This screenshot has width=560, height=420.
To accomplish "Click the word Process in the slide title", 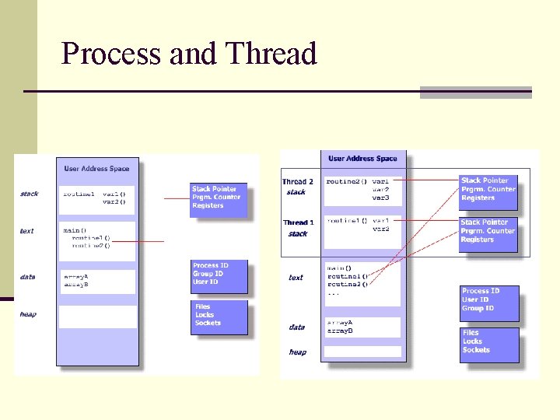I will pyautogui.click(x=100, y=54).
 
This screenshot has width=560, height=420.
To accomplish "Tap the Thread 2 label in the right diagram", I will pyautogui.click(x=298, y=182).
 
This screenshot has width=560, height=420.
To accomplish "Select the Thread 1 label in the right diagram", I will pyautogui.click(x=298, y=222).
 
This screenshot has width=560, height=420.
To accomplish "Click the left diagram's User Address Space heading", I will pyautogui.click(x=96, y=168).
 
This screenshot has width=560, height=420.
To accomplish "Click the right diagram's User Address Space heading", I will pyautogui.click(x=362, y=159).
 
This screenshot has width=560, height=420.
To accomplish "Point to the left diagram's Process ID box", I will pyautogui.click(x=219, y=274).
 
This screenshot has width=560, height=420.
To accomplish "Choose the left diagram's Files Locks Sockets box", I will pyautogui.click(x=219, y=316).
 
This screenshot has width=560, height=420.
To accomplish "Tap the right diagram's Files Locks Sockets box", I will pyautogui.click(x=490, y=341).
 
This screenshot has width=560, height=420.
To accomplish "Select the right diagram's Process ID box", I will pyautogui.click(x=490, y=299).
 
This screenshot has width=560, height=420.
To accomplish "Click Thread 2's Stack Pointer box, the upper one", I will pyautogui.click(x=488, y=189).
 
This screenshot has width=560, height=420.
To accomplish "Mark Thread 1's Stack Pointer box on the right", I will pyautogui.click(x=488, y=231).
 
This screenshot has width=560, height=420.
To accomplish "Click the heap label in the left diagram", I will pyautogui.click(x=28, y=314).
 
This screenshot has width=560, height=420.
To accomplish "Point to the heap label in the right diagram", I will pyautogui.click(x=298, y=352).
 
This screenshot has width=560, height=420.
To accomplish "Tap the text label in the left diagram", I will pyautogui.click(x=27, y=231).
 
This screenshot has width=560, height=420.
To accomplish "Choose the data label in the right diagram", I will pyautogui.click(x=297, y=327).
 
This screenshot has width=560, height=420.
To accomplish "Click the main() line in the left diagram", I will pyautogui.click(x=75, y=230).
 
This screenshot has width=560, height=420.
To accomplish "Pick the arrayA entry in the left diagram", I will pyautogui.click(x=76, y=276).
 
